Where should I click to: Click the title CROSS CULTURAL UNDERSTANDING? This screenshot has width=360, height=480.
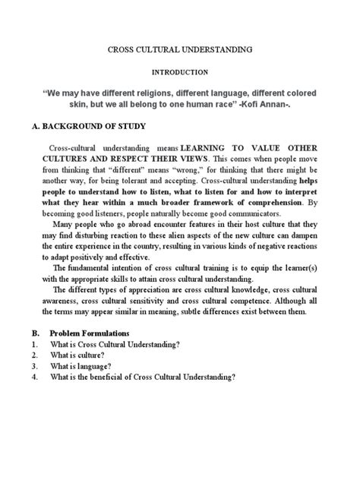click(x=179, y=49)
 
